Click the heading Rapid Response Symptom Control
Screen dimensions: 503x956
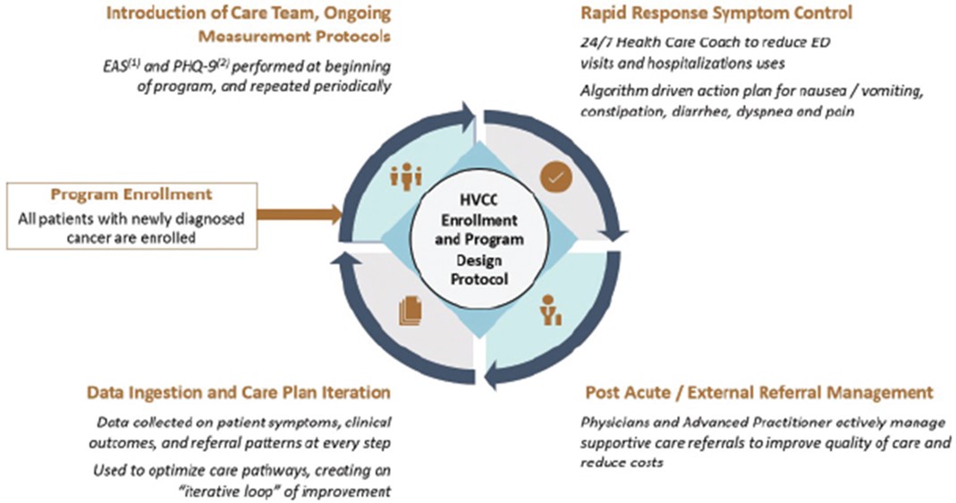[715, 13]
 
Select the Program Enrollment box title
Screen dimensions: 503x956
[131, 194]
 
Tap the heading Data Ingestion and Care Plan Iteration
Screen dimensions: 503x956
[239, 393]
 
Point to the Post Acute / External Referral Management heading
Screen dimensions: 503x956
[758, 393]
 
